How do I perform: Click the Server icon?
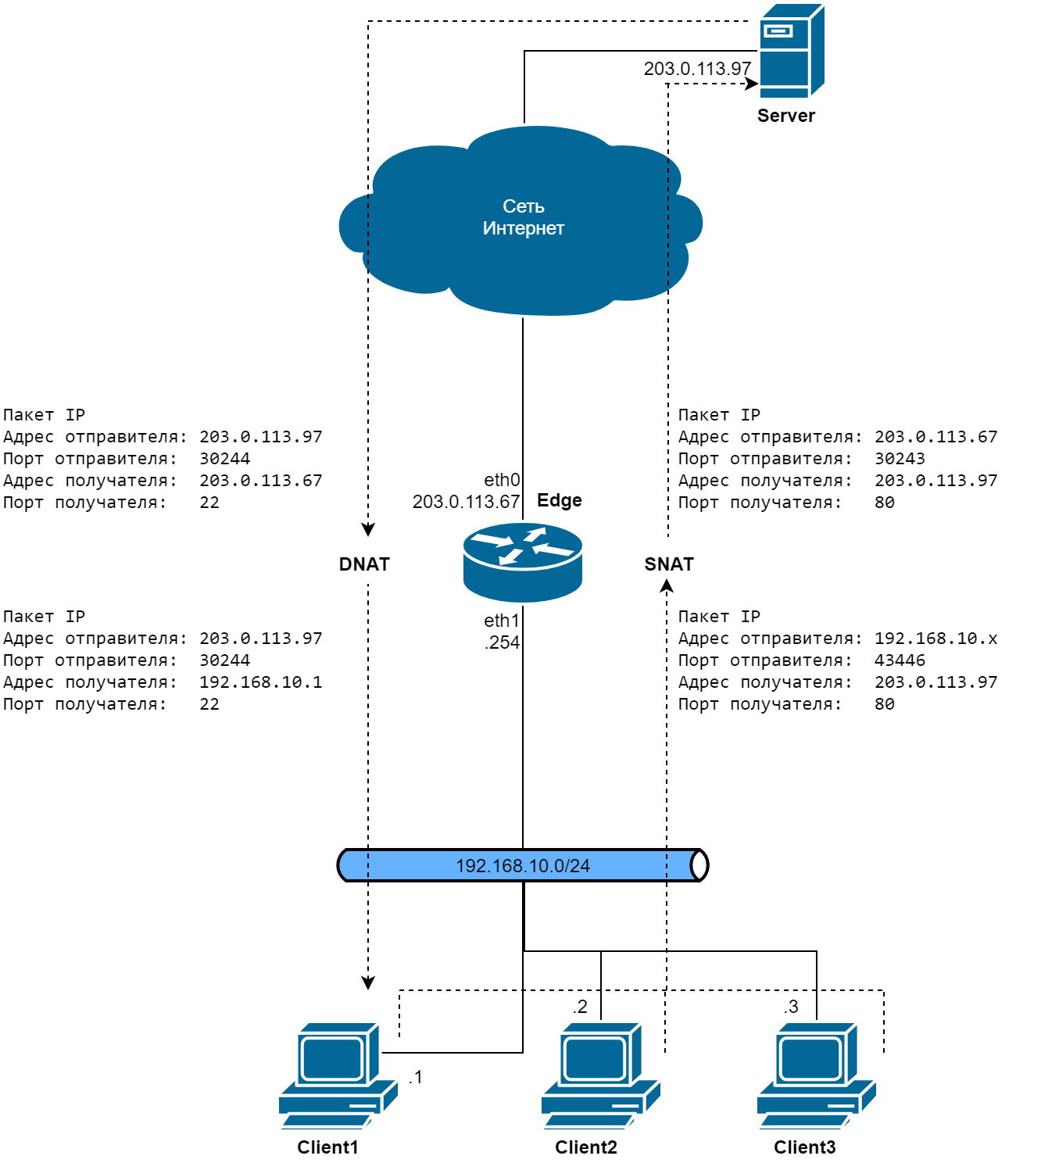tap(791, 51)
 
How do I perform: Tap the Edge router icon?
tap(522, 562)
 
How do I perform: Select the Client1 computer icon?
tap(338, 1075)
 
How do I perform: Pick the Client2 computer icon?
tap(600, 1075)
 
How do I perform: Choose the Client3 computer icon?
tap(816, 1075)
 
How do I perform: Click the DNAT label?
tap(364, 564)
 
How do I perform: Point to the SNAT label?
tap(669, 564)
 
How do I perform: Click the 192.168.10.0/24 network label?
tap(522, 866)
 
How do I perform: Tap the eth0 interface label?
tap(502, 480)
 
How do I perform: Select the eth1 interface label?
tap(502, 621)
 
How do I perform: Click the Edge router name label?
tap(560, 500)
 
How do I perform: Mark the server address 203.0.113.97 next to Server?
tap(697, 69)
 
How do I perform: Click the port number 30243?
tap(900, 459)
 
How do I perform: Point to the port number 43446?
tap(900, 660)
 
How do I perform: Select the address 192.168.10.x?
tap(935, 639)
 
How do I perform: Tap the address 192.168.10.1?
tap(260, 682)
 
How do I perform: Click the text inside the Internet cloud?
tap(523, 217)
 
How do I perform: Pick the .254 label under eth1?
tap(502, 642)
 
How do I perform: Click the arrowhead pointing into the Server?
tap(752, 84)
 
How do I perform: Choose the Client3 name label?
tap(804, 1147)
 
